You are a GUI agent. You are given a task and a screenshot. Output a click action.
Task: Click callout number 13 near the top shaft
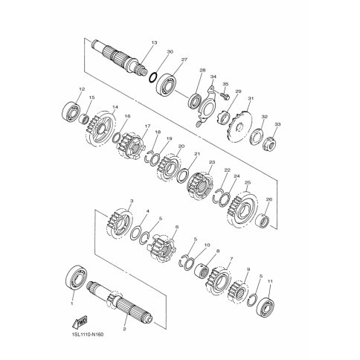pos(154,43)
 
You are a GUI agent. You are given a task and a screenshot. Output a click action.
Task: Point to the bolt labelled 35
pos(225,95)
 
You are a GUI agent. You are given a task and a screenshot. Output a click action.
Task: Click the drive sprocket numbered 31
pos(240,126)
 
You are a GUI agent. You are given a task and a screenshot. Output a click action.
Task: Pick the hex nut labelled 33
pos(269,143)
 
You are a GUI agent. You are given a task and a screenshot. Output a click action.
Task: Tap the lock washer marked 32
pos(256,136)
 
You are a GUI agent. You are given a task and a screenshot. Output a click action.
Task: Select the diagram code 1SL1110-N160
pos(84,335)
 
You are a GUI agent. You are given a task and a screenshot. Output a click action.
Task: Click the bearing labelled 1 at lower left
pos(77,278)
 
